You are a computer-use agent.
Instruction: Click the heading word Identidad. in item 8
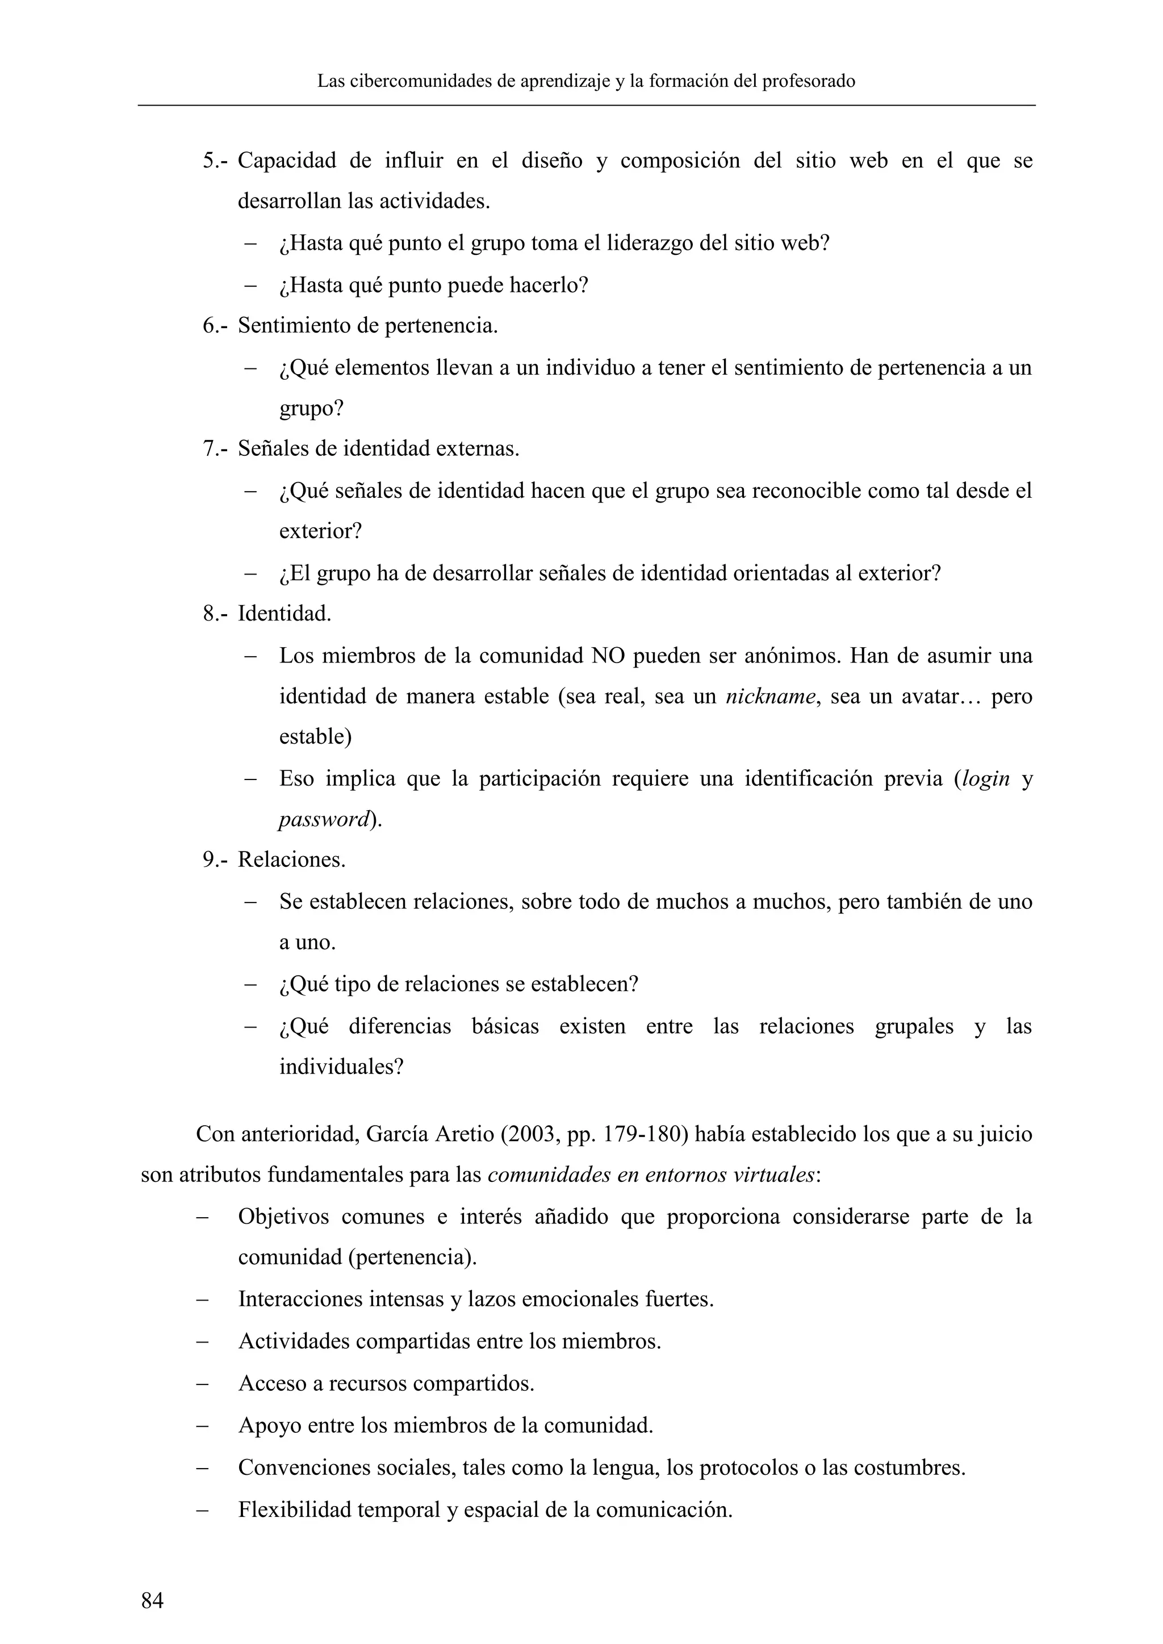pos(285,614)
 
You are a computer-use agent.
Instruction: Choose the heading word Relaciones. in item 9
pos(291,860)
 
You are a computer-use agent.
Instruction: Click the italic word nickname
pos(771,697)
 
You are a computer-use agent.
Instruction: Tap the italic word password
pos(324,820)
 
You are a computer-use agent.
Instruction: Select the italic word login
pos(985,779)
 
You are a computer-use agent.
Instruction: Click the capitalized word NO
pos(607,656)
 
